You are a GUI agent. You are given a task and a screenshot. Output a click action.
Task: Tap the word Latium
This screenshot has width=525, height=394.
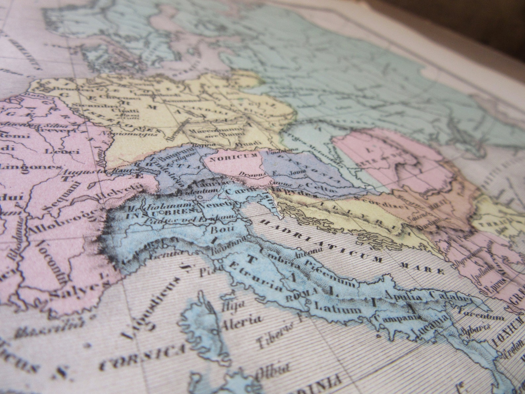(338, 308)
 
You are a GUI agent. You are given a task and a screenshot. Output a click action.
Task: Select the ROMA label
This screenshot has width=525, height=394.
(297, 296)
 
